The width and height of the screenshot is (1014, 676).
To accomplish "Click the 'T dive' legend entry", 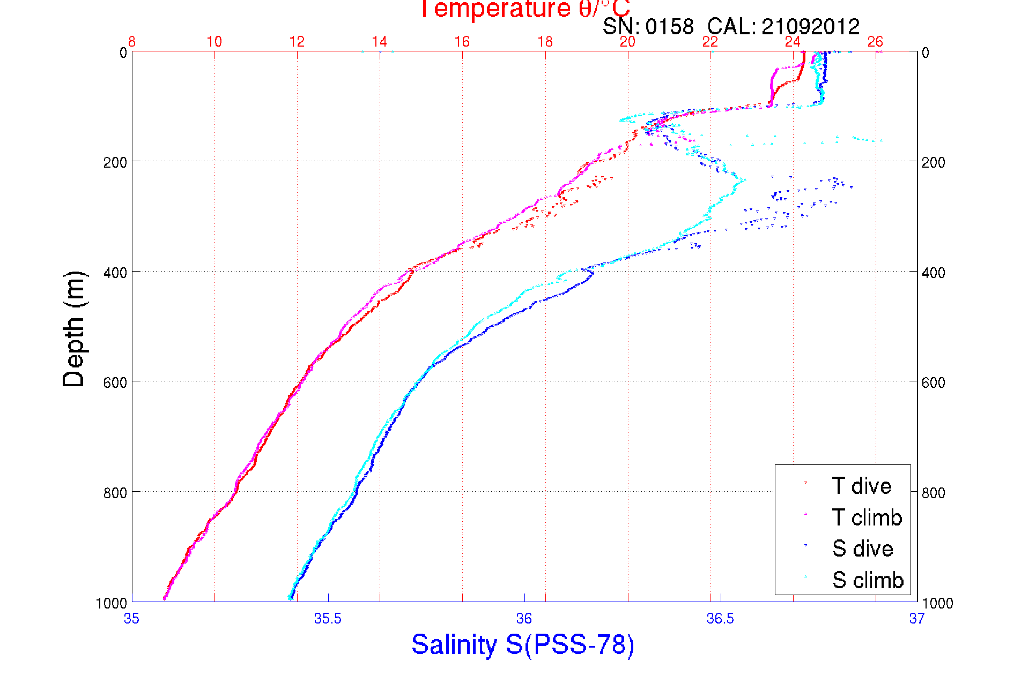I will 861,486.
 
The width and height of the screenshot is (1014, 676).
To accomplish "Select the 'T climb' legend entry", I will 867,517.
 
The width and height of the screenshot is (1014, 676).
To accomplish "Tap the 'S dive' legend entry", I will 862,549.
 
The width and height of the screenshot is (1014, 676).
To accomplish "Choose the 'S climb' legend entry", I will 868,580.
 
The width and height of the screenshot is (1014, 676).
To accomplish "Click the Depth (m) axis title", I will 74,329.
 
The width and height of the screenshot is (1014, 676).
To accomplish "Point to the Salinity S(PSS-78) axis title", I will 523,644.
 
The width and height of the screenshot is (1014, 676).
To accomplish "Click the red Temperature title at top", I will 524,9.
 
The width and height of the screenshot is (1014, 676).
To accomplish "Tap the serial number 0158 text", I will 670,26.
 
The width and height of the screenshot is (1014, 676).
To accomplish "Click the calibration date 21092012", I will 810,26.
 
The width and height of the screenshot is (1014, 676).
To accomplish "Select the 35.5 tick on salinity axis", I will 328,619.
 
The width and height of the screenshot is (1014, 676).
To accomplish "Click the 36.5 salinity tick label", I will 720,619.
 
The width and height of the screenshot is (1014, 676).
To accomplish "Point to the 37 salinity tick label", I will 916,619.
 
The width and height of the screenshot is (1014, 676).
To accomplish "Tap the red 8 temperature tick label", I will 132,42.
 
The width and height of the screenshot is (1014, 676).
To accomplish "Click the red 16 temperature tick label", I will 462,42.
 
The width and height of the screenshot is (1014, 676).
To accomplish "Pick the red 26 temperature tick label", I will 875,42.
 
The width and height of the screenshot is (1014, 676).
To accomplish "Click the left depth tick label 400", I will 115,272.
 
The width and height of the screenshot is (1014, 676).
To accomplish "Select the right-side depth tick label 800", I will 933,492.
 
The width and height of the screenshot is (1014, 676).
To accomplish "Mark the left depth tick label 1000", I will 112,603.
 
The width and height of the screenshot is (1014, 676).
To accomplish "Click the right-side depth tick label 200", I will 933,162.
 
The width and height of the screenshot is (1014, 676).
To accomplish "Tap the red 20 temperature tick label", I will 627,42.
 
